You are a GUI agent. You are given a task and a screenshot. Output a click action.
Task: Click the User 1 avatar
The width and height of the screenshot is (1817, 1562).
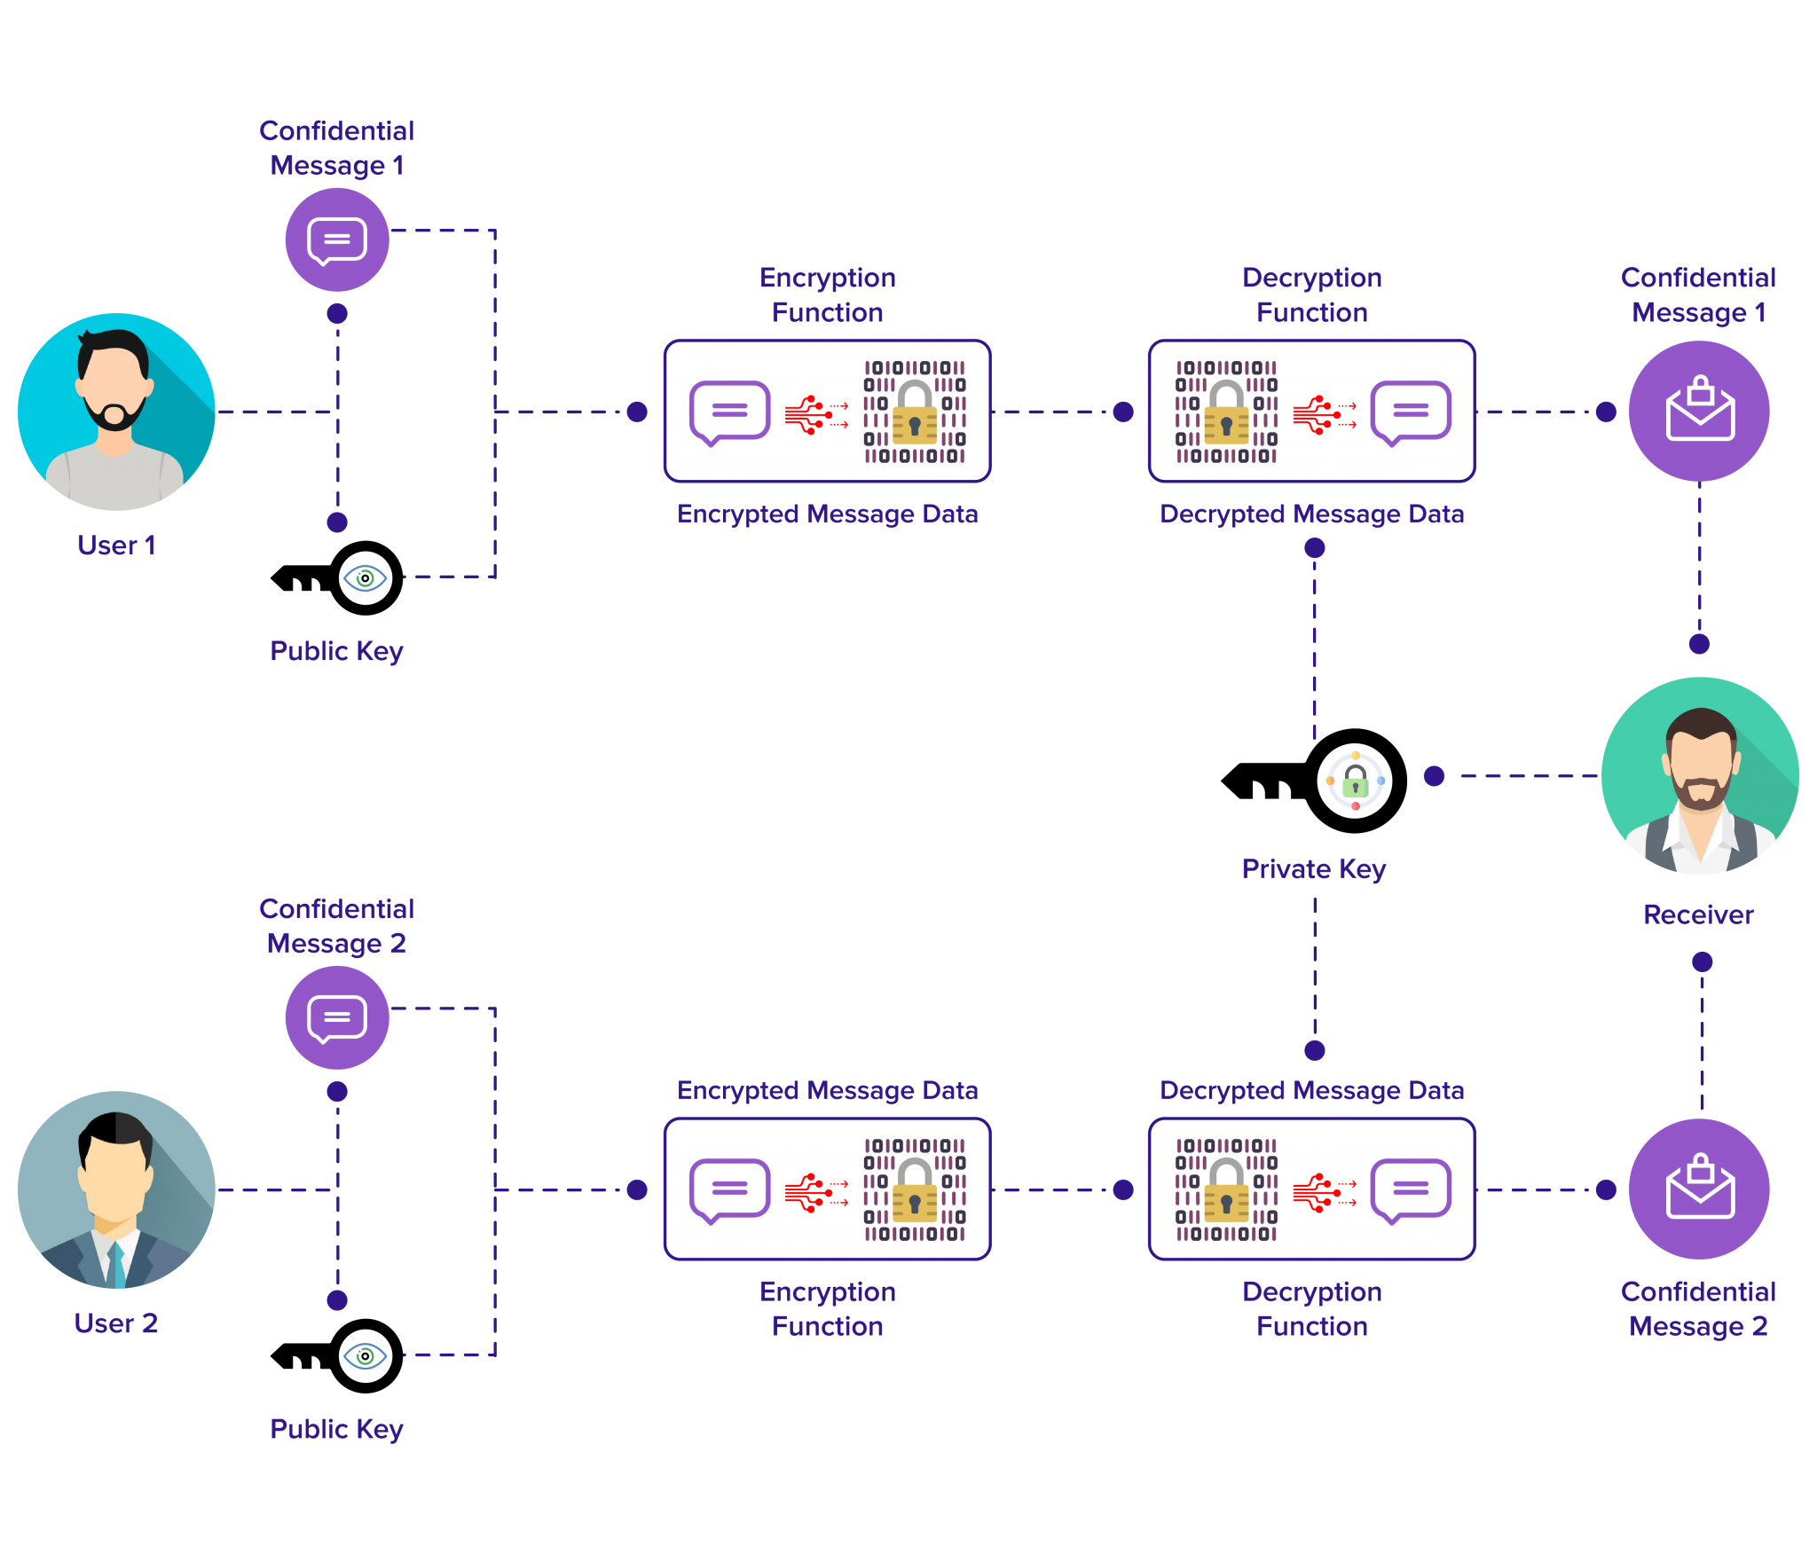click(116, 412)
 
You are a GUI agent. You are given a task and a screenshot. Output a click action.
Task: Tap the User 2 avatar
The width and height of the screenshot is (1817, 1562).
click(116, 1189)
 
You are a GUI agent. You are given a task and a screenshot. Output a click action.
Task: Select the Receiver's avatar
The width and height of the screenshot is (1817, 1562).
click(1699, 776)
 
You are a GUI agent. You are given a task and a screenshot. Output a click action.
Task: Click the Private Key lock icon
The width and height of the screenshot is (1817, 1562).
click(1355, 781)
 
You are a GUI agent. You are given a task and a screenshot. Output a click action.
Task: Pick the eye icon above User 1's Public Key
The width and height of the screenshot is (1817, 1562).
click(365, 578)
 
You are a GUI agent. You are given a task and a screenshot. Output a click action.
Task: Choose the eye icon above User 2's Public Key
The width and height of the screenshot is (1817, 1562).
click(365, 1356)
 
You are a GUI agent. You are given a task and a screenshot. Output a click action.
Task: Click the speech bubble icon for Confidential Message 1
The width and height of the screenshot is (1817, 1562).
click(337, 239)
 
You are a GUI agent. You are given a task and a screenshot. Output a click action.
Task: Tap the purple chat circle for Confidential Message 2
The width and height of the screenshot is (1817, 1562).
click(337, 1017)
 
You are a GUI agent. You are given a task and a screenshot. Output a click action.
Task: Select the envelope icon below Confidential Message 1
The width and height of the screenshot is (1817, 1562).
click(1699, 411)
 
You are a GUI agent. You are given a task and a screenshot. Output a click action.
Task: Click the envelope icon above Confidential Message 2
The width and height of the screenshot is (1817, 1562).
click(1699, 1189)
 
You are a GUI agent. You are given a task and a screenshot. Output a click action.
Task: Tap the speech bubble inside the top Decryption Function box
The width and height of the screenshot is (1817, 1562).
click(1410, 412)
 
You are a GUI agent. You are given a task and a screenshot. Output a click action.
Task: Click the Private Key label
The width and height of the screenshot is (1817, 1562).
click(1313, 868)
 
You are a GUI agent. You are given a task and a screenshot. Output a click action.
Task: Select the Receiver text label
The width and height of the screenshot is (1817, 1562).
click(1698, 914)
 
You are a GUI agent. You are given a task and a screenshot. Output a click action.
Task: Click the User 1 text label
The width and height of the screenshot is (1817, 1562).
click(116, 545)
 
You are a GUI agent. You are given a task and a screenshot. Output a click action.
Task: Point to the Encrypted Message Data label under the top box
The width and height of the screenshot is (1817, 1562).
click(827, 514)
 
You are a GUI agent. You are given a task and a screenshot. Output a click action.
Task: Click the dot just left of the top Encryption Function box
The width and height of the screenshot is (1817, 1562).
click(637, 412)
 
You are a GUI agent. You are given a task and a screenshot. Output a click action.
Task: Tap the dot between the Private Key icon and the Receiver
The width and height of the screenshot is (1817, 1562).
click(1434, 776)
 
